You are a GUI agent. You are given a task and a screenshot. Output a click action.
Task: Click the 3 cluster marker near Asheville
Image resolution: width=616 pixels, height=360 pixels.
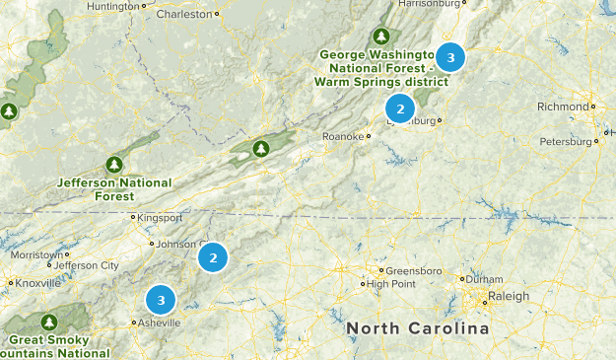pyautogui.click(x=161, y=298)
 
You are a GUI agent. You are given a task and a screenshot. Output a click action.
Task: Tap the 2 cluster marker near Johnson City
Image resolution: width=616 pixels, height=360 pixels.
pyautogui.click(x=213, y=258)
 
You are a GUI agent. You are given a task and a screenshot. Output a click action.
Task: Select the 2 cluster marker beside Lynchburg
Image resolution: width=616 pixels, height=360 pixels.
pyautogui.click(x=400, y=108)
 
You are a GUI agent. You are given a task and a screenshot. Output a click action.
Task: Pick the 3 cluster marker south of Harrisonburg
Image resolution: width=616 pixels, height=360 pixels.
pyautogui.click(x=450, y=58)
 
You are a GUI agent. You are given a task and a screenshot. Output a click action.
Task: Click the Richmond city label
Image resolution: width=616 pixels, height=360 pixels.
pyautogui.click(x=563, y=107)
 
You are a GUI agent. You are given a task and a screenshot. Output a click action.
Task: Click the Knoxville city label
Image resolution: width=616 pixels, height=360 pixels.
pyautogui.click(x=37, y=283)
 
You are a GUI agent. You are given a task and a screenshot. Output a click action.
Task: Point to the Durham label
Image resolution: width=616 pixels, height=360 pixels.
pyautogui.click(x=487, y=279)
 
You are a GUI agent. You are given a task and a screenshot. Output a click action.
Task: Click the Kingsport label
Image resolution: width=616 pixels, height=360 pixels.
pyautogui.click(x=156, y=217)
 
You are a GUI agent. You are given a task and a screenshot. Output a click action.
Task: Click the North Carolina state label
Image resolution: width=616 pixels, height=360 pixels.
pyautogui.click(x=418, y=327)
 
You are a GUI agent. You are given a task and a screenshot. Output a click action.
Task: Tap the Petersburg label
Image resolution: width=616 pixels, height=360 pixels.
pyautogui.click(x=567, y=142)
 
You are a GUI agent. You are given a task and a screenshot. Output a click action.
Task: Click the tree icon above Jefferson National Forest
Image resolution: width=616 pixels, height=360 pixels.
pyautogui.click(x=114, y=164)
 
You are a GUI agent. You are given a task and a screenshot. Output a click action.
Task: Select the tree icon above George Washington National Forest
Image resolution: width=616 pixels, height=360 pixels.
pyautogui.click(x=379, y=34)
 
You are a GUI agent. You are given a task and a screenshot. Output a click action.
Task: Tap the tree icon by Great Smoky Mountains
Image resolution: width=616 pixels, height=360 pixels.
pyautogui.click(x=48, y=322)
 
